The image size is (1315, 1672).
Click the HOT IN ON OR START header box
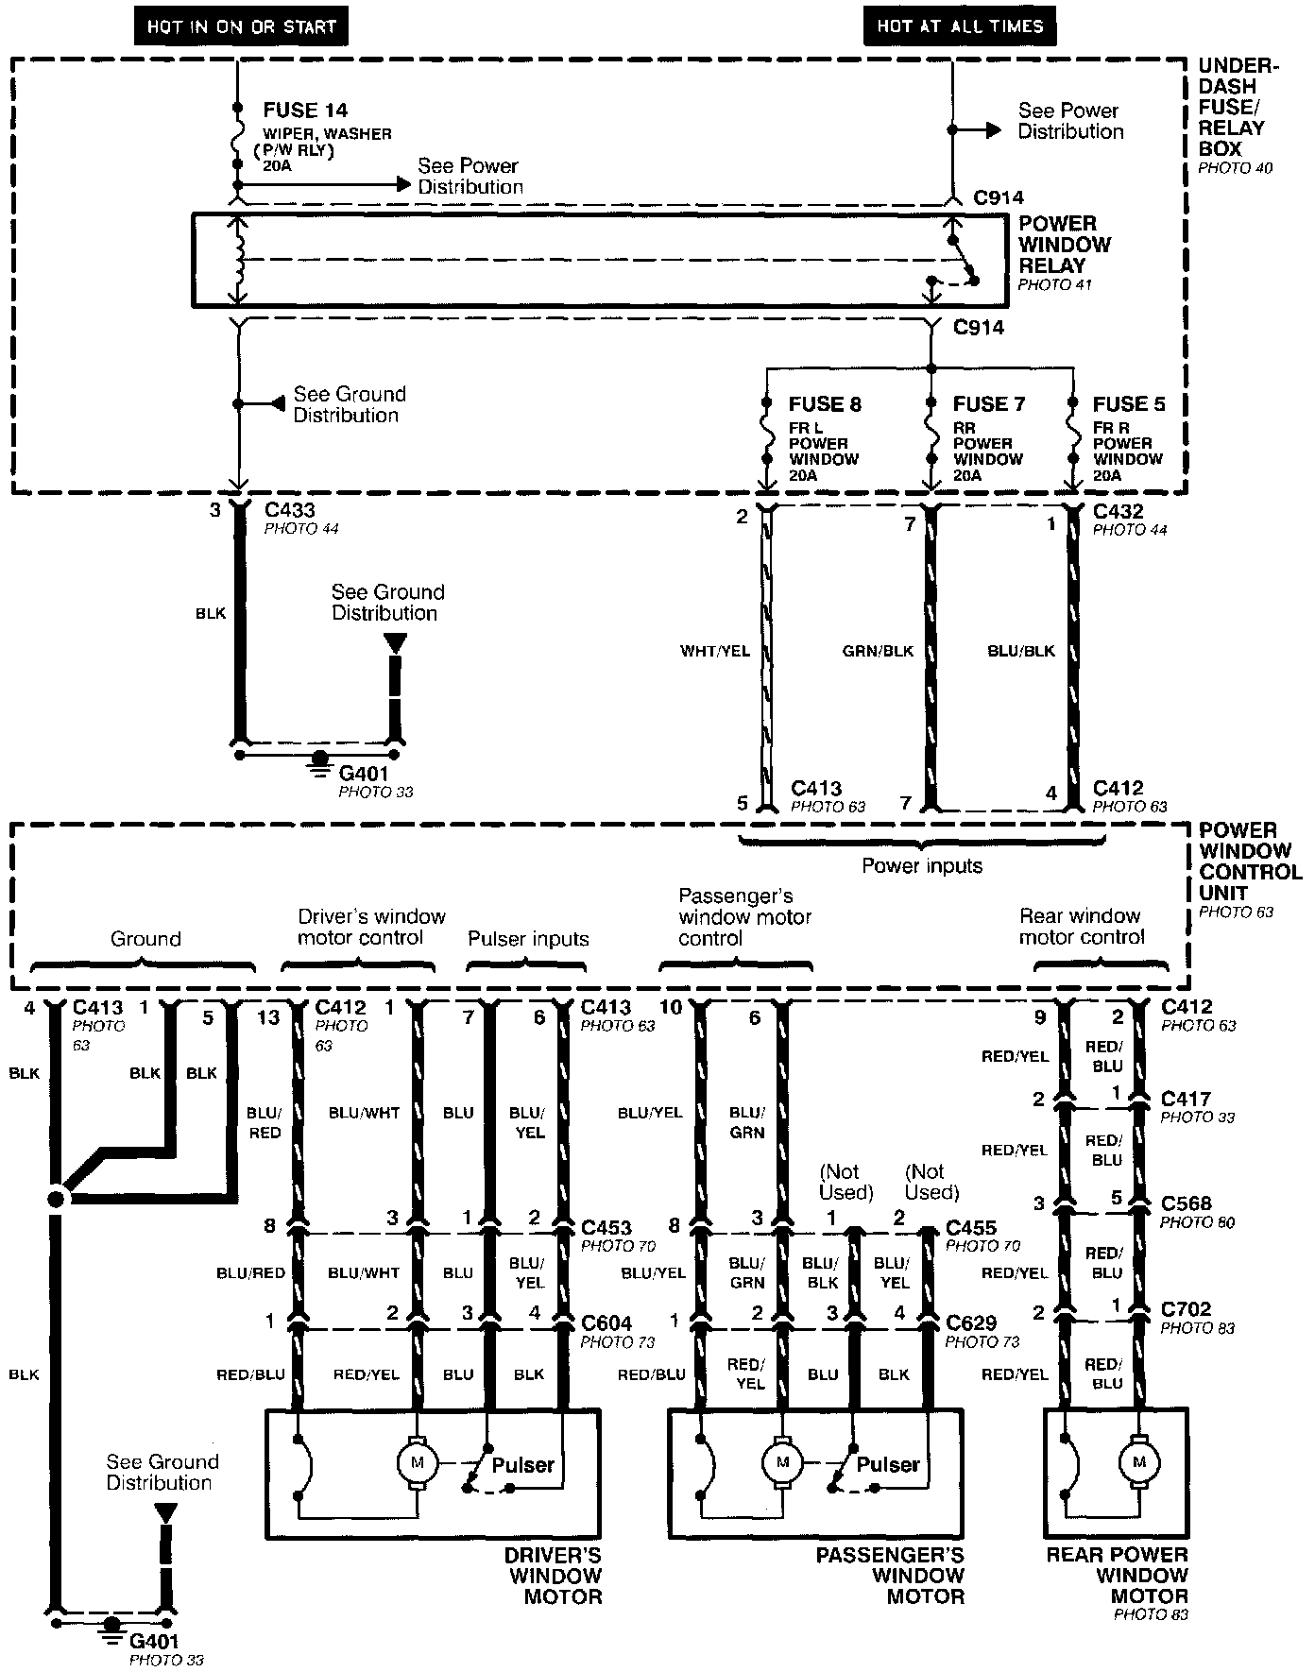[x=241, y=26]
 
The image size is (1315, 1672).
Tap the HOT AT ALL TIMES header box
[x=960, y=26]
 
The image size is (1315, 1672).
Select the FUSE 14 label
[x=305, y=111]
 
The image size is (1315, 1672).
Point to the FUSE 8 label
[x=825, y=404]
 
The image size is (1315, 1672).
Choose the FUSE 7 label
[x=988, y=404]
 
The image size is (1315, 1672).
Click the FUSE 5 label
[x=1129, y=404]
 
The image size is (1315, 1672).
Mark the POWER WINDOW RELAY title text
[x=1064, y=245]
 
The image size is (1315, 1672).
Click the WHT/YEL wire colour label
[x=715, y=651]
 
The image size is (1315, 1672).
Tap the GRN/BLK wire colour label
[x=878, y=651]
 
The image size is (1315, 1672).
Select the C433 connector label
[x=290, y=511]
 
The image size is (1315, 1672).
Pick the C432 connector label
[x=1118, y=511]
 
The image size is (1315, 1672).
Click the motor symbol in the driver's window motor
[x=417, y=1463]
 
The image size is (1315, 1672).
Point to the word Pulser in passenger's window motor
[x=887, y=1464]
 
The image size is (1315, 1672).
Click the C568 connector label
[x=1186, y=1203]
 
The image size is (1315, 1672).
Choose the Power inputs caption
[x=922, y=866]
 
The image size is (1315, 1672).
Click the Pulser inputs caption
[x=528, y=939]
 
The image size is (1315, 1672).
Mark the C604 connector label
[x=606, y=1323]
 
